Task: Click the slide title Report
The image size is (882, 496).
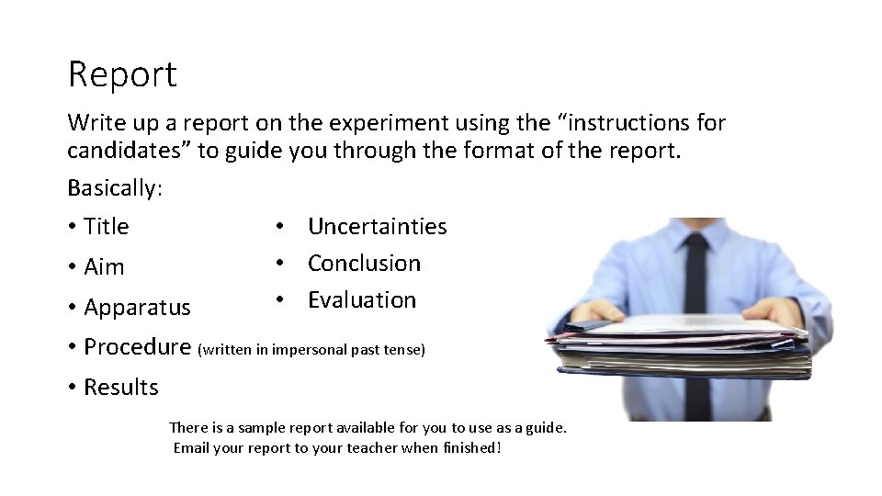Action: click(122, 74)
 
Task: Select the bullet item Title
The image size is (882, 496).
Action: click(106, 226)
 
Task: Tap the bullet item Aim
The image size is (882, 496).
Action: click(103, 267)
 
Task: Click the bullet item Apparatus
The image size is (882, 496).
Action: click(137, 307)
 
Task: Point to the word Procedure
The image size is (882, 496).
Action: click(137, 346)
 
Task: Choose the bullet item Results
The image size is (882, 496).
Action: click(120, 388)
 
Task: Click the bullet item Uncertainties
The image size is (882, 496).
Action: click(377, 226)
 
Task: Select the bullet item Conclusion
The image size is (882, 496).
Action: click(364, 263)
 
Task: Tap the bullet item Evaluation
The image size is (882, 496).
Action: click(361, 299)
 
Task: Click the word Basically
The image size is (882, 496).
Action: click(113, 188)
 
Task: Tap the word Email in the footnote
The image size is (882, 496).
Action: click(191, 448)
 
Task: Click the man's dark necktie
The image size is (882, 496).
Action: click(696, 276)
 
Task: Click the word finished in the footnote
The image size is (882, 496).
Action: click(469, 448)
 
